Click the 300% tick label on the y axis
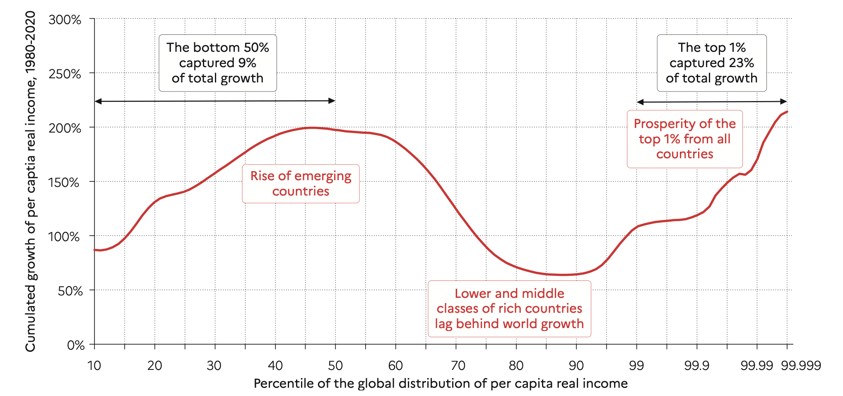[x=65, y=20]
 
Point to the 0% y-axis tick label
[x=76, y=345]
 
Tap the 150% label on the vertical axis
[x=64, y=182]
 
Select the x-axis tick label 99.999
[x=801, y=365]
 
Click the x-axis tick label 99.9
[x=697, y=365]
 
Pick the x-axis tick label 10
[x=94, y=365]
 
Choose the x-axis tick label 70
[x=456, y=365]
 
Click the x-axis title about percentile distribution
[x=441, y=384]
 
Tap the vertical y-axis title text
[x=31, y=181]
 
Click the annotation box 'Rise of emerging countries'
[x=301, y=184]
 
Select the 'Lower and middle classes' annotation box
[x=509, y=309]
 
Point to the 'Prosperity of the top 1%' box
[x=684, y=139]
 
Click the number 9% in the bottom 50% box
[x=247, y=63]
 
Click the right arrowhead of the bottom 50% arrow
[x=332, y=101]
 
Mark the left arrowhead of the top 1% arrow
[x=640, y=102]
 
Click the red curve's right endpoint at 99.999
[x=787, y=111]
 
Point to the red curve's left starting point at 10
[x=95, y=250]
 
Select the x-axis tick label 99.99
[x=757, y=365]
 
